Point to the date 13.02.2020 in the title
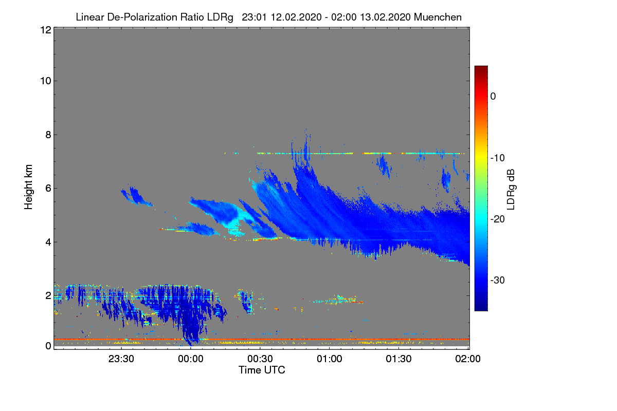385,17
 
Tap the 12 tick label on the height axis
45,30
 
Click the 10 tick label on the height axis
45,81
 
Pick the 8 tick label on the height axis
48,135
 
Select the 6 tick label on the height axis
48,188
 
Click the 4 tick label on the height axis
48,241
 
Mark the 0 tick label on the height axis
48,346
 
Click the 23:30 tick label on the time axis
121,359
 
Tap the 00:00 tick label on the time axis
191,359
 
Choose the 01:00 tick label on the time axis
329,359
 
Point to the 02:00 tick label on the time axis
468,359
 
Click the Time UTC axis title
261,370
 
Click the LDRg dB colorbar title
511,188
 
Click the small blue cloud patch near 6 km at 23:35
136,196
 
